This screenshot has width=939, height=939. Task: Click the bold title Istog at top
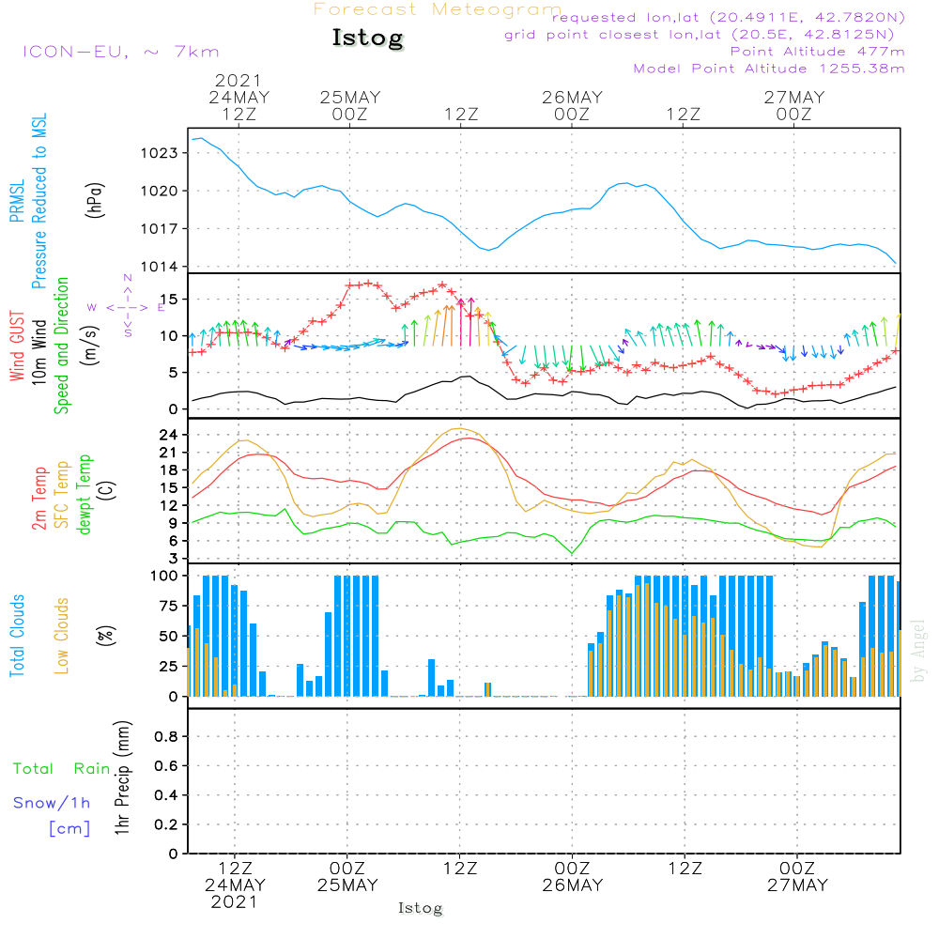tap(367, 38)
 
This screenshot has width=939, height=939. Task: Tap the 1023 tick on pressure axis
tap(162, 153)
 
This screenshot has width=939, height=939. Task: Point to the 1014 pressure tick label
tap(162, 267)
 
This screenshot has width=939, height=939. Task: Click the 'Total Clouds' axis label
tap(17, 636)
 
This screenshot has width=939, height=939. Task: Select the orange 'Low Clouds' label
tap(62, 636)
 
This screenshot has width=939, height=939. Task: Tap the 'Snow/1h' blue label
tap(52, 803)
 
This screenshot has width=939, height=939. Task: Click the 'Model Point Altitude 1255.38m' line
tap(769, 69)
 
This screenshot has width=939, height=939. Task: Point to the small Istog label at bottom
tap(420, 908)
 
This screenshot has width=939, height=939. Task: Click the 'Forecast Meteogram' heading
tap(438, 9)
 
